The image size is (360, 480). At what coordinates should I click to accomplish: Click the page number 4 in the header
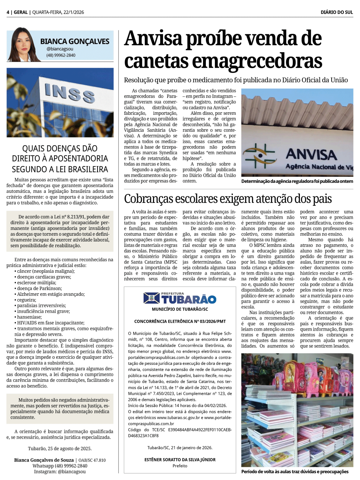8,12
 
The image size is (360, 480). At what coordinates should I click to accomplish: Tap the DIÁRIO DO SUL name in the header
337,12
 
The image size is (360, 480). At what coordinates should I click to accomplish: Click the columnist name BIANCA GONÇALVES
75,41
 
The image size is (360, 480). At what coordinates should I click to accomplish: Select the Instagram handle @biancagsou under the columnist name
60,49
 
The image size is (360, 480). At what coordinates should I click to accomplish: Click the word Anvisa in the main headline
153,39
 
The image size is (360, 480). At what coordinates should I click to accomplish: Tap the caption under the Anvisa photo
297,181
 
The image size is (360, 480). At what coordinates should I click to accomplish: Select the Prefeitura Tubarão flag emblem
152,298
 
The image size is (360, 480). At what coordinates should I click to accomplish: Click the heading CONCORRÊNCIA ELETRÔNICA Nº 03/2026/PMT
180,321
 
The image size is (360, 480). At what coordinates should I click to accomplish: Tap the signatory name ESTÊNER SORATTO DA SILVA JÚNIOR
180,459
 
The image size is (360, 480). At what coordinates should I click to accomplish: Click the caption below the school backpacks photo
295,472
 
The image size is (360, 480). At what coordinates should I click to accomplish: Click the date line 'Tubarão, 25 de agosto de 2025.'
60,449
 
